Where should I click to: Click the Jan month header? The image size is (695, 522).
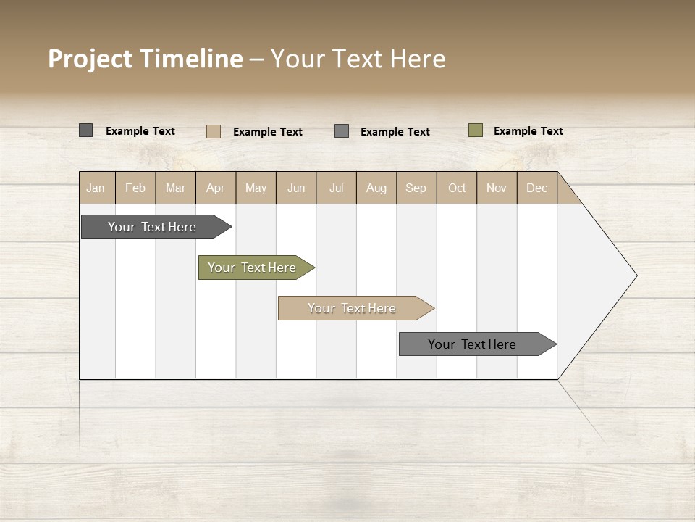pos(96,188)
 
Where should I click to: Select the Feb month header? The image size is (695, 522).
pos(135,188)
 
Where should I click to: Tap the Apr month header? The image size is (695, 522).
pos(215,188)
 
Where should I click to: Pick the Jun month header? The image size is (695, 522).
pos(296,188)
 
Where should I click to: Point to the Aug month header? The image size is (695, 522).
pos(376,188)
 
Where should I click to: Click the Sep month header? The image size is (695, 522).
pos(416,188)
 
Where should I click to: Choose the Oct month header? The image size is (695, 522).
pos(457,188)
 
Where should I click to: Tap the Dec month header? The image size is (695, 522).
pos(536,188)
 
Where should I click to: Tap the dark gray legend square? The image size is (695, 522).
pos(86,130)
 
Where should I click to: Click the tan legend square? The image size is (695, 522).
pos(214,131)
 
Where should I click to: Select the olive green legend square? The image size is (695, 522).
pos(476,130)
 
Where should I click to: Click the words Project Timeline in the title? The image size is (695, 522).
pos(146,59)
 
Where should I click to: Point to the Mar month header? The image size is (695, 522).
pos(175,188)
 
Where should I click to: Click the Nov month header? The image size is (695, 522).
pos(496,188)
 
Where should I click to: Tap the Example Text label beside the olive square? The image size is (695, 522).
pos(528,131)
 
